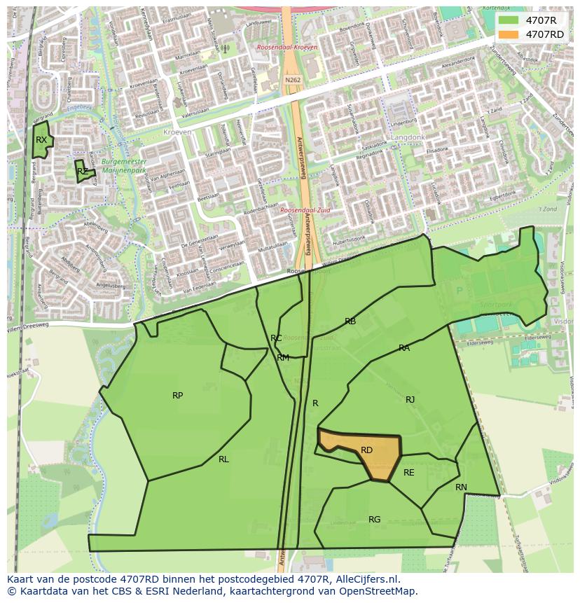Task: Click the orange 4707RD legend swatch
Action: [509, 34]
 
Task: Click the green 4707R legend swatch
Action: [509, 20]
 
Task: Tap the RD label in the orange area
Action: [366, 450]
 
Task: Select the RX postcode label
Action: [41, 140]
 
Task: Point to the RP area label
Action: [178, 396]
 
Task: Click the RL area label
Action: [223, 459]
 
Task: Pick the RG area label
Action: [375, 520]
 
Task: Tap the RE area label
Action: [409, 473]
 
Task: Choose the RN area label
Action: [461, 487]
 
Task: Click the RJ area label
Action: [410, 400]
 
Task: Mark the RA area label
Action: [404, 348]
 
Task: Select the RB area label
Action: [350, 321]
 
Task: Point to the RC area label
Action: [276, 338]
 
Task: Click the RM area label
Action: [283, 358]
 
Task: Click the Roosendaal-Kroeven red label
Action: [287, 47]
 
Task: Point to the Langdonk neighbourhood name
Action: [408, 138]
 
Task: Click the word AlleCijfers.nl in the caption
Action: [366, 579]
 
